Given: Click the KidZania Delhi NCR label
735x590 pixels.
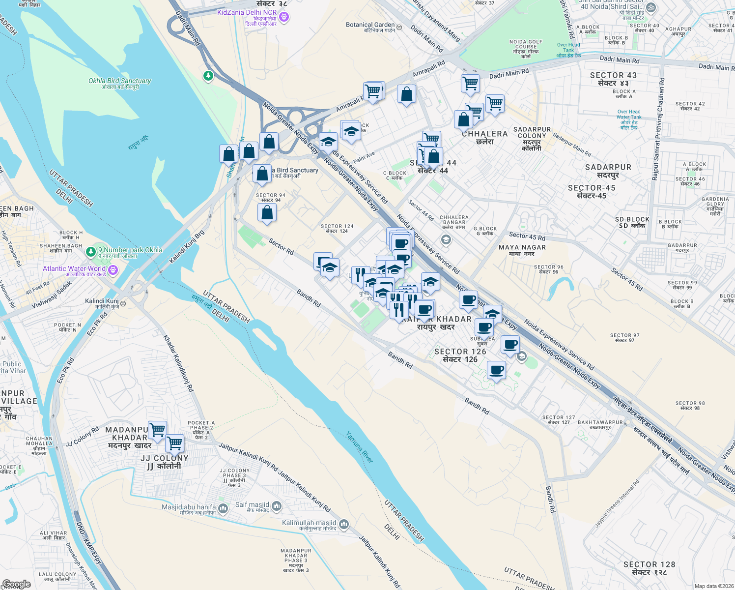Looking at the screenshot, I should tap(247, 12).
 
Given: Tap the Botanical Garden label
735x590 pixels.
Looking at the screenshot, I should tap(370, 25).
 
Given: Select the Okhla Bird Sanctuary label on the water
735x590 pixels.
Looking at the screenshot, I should tap(120, 81).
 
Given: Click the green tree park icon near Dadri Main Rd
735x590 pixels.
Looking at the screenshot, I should tap(208, 76).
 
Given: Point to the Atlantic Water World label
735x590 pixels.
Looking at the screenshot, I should tap(74, 268).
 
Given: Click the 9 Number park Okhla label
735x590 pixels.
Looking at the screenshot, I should tap(130, 250).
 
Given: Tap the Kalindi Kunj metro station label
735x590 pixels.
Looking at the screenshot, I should tap(102, 301).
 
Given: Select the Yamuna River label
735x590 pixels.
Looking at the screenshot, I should tap(360, 447).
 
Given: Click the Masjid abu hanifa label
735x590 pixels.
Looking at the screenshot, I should tap(189, 507).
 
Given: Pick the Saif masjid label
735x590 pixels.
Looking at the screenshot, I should tap(252, 504).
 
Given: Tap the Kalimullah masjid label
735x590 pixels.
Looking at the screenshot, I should tap(309, 523).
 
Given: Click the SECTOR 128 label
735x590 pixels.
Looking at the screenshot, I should tap(649, 564).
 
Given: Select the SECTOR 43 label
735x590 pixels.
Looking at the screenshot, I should tap(613, 75).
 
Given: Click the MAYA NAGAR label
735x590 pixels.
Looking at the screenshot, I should tap(522, 247).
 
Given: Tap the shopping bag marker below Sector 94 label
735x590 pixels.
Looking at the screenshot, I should tap(267, 212).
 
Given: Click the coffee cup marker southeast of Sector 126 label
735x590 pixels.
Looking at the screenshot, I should tap(496, 370).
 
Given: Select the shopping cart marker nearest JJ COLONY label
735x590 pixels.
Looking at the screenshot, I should tap(174, 443).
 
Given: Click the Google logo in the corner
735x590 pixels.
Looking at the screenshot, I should tap(16, 584).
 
